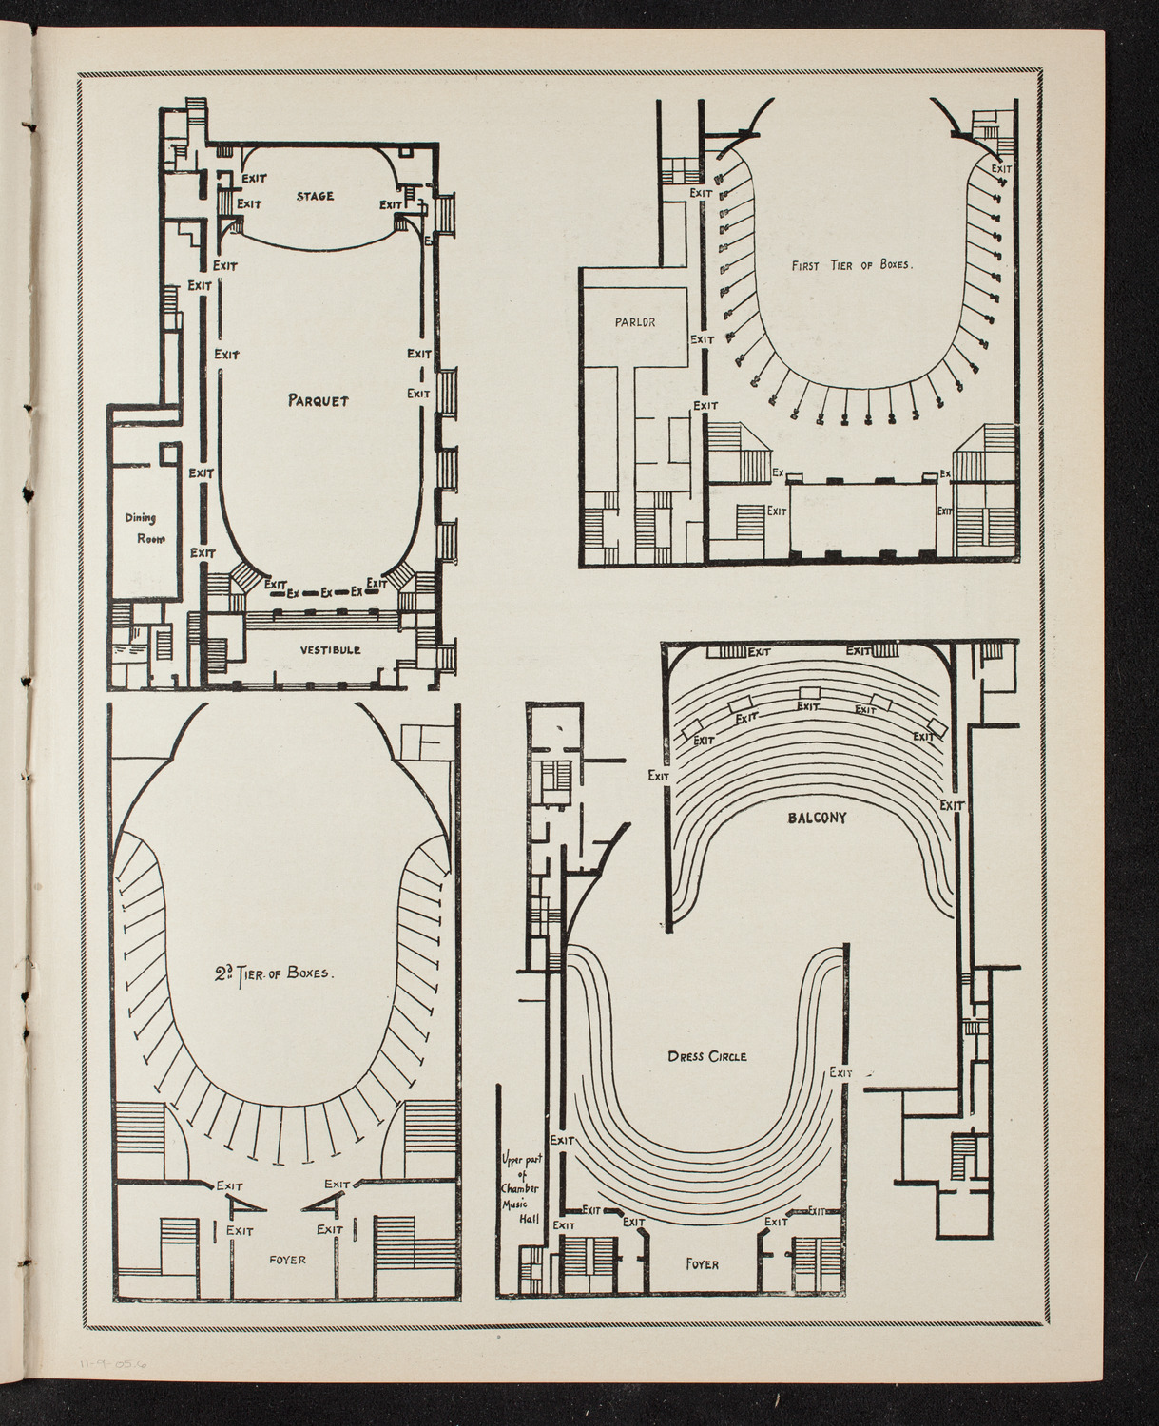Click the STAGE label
[x=314, y=197]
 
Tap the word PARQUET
[x=319, y=400]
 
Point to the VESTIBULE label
[x=330, y=650]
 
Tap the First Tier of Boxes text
[x=851, y=267]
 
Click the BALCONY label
[x=816, y=817]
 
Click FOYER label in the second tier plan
[x=286, y=1260]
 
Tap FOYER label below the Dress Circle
[x=702, y=1264]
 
